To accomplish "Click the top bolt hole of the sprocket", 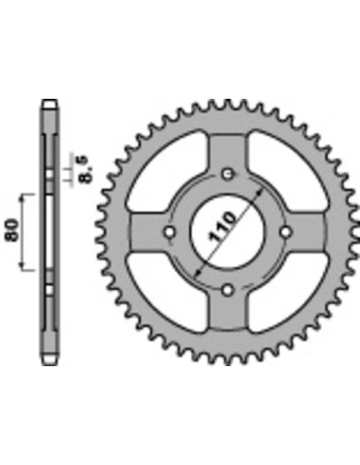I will point(229,174).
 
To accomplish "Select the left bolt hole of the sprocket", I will point(170,232).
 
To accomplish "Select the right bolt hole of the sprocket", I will point(287,232).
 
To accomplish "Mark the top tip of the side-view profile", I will point(50,101).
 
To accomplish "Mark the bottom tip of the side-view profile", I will point(50,363).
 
